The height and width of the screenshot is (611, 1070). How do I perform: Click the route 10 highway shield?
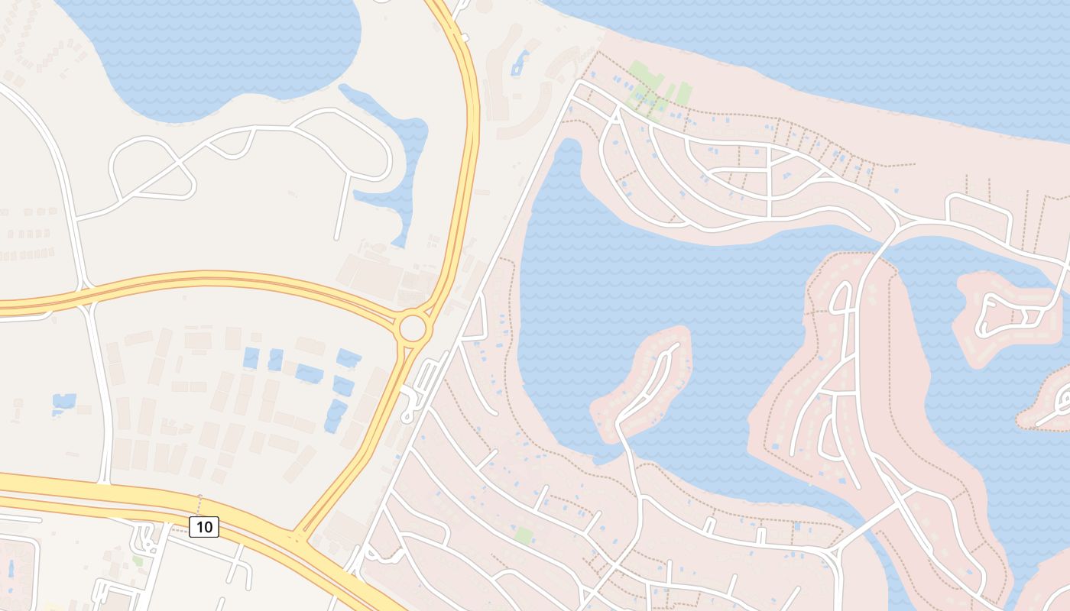[x=204, y=526]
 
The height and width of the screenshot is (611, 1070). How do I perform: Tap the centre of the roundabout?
[x=412, y=328]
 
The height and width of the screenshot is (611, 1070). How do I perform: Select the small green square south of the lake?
[x=523, y=535]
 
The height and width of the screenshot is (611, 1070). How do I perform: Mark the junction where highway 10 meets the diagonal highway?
[x=298, y=535]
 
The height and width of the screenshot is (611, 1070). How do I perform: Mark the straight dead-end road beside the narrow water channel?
[x=343, y=206]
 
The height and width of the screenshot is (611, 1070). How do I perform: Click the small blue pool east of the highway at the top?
[x=520, y=62]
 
